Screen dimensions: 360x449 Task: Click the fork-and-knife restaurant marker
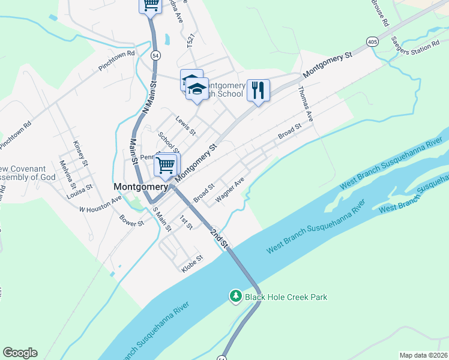click(x=258, y=91)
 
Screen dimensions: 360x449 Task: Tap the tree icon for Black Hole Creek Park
click(x=236, y=296)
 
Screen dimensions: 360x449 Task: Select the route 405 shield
click(x=373, y=41)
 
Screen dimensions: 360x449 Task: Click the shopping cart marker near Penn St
click(x=166, y=164)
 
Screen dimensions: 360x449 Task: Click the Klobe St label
click(x=193, y=263)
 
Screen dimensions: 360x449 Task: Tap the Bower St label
click(x=132, y=220)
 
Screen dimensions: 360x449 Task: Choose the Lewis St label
click(x=185, y=125)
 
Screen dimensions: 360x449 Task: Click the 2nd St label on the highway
click(x=220, y=238)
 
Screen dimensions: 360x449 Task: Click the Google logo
click(x=20, y=353)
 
